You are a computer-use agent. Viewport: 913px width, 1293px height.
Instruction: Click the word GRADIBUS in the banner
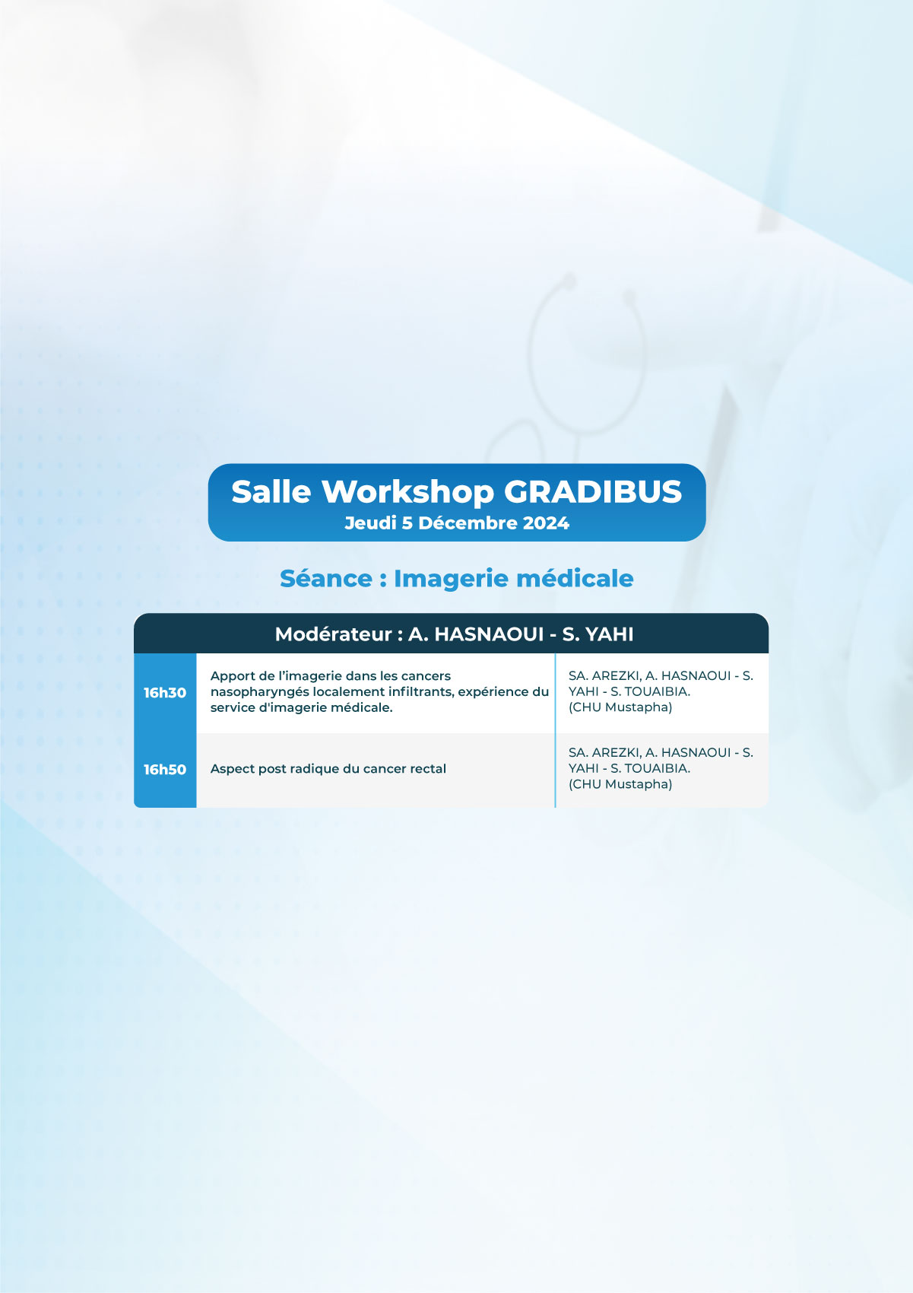[593, 492]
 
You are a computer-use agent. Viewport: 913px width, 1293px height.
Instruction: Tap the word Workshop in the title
[407, 492]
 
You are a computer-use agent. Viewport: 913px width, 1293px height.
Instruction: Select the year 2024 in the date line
[546, 523]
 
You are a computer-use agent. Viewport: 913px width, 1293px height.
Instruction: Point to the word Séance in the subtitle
[326, 578]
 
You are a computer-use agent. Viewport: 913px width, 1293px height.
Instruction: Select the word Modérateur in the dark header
[333, 634]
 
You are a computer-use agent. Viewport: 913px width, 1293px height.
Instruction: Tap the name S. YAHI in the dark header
[598, 634]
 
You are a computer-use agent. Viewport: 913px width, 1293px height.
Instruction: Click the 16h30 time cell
[165, 693]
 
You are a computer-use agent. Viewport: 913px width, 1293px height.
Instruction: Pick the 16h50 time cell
[165, 770]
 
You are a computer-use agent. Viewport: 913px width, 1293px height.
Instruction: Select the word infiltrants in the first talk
[420, 691]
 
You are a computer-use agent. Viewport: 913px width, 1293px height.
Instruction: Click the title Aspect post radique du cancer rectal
[328, 769]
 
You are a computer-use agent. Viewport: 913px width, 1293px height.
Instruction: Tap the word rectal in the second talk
[427, 769]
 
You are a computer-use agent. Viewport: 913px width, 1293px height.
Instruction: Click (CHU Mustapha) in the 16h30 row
[620, 707]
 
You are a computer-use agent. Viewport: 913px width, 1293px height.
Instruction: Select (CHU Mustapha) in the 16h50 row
[620, 784]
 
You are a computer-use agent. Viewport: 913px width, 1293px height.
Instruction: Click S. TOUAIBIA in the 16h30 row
[650, 691]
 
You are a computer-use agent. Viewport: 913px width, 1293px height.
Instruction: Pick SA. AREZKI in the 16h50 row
[604, 753]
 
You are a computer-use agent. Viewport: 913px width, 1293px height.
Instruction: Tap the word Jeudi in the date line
[370, 523]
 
